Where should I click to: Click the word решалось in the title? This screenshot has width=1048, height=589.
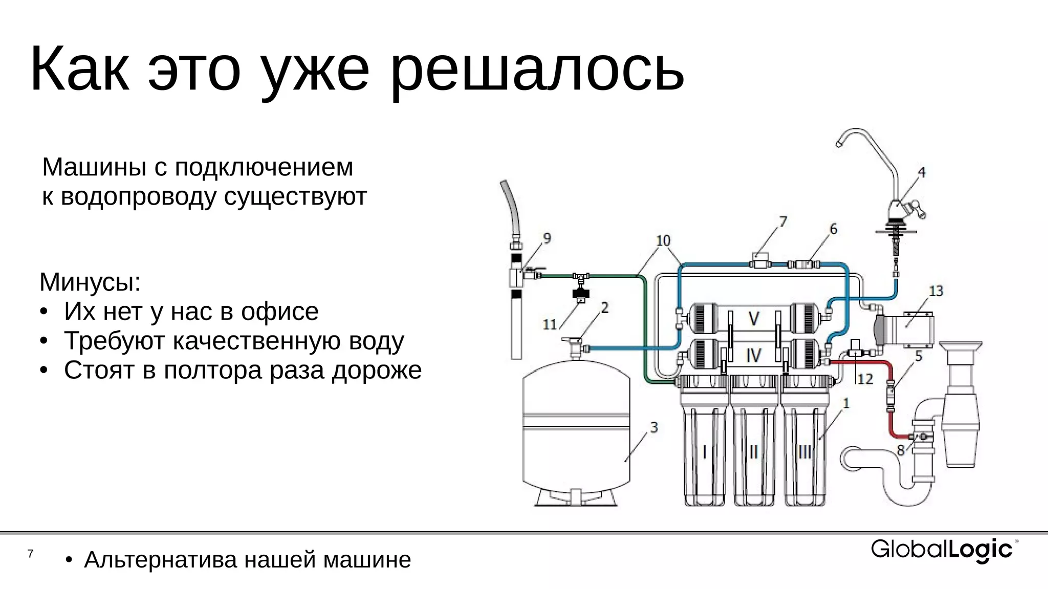coord(536,70)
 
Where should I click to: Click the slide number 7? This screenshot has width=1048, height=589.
coord(31,554)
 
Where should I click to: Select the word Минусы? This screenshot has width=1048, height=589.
coord(90,282)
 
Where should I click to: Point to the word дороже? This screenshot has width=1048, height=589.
coord(377,370)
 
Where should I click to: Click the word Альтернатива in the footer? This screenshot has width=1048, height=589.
coord(161,560)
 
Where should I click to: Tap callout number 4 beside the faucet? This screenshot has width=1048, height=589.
coord(921,172)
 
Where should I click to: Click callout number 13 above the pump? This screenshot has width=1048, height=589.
coord(936,291)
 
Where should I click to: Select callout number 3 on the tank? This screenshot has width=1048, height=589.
coord(653,427)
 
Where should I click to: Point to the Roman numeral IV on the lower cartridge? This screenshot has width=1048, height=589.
coord(753,355)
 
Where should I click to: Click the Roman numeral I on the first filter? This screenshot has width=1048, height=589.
coord(705,451)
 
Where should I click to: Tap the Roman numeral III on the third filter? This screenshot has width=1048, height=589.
coord(804,451)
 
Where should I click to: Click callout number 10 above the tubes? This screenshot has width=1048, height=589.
coord(663,240)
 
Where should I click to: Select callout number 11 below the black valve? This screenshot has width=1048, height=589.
coord(550,324)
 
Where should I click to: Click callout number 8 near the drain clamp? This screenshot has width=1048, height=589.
coord(901,450)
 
